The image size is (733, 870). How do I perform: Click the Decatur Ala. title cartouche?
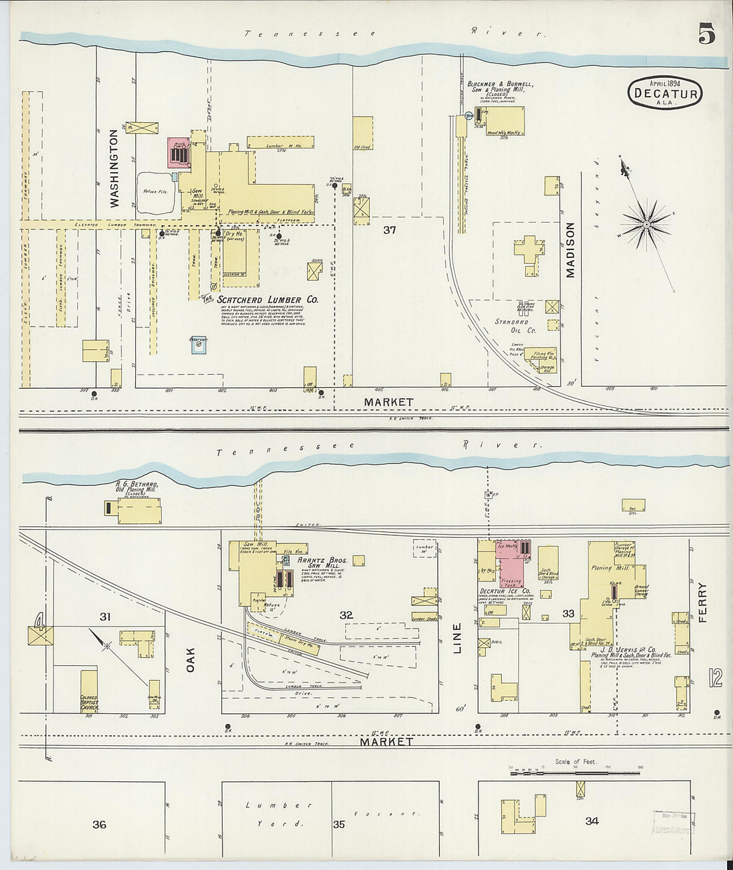point(665,93)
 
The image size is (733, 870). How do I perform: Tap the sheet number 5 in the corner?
point(706,33)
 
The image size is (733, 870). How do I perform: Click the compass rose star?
point(646,225)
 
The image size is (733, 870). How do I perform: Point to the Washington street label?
point(114,168)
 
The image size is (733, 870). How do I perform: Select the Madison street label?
point(570,250)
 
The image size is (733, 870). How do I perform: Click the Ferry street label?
point(702,603)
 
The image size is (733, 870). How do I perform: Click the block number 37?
point(390,230)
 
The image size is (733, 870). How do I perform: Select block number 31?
point(105,617)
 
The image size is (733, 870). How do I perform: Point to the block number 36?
point(99,825)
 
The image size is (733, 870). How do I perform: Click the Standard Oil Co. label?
point(514,326)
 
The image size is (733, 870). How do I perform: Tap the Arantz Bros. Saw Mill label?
point(317,563)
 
